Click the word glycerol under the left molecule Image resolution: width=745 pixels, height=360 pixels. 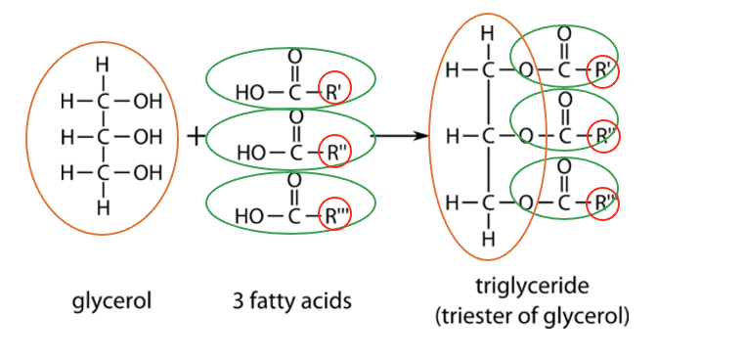pos(112,300)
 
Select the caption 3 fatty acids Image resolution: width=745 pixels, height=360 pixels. pos(292,300)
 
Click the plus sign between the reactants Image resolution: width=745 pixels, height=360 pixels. pos(195,136)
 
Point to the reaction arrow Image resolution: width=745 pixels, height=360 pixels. pos(403,136)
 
